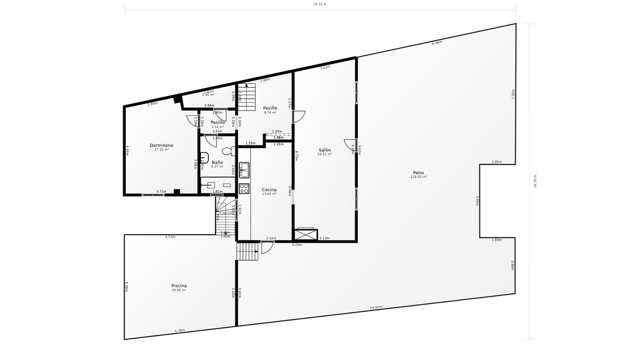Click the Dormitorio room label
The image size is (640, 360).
(x=161, y=145)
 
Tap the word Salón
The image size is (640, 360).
(x=325, y=150)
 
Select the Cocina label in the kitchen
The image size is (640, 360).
(x=269, y=190)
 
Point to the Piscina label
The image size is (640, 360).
(x=179, y=286)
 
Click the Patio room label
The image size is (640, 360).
(x=418, y=172)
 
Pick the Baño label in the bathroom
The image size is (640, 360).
(x=217, y=162)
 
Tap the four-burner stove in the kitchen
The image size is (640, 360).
(x=244, y=188)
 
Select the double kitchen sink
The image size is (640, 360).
(x=244, y=170)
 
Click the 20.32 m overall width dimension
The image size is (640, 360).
(x=319, y=4)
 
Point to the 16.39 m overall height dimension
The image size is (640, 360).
(x=535, y=182)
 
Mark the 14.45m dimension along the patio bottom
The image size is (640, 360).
(x=377, y=307)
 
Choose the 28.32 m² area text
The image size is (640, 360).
(x=325, y=155)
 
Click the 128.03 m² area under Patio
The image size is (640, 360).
(x=418, y=177)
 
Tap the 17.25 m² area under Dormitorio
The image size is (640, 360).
(x=161, y=149)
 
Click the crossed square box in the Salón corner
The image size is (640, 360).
(x=306, y=234)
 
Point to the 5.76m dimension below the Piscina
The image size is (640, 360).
(x=180, y=331)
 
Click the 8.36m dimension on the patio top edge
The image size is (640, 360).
(x=436, y=43)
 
